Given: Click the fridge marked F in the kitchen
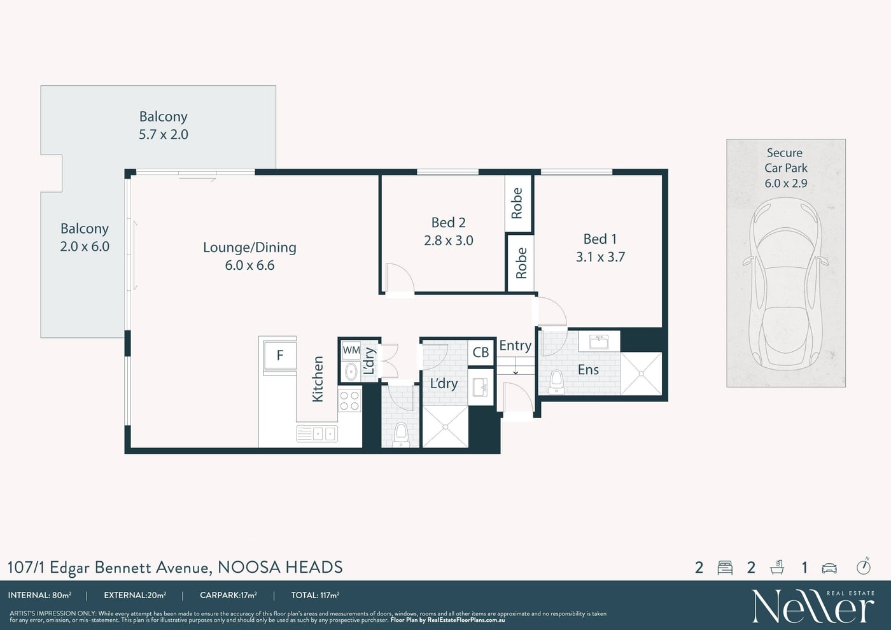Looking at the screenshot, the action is click(279, 355).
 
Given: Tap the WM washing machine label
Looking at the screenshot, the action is click(351, 351).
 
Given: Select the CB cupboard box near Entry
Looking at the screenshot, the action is click(481, 352).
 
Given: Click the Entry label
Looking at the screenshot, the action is click(515, 346).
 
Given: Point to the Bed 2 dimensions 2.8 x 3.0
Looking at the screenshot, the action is click(448, 241).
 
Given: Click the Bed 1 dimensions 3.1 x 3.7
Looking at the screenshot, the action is click(600, 257).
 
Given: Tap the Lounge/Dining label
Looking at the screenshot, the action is click(249, 248).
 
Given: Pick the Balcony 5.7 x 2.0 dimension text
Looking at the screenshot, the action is click(163, 134).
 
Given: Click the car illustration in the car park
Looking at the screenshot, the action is click(785, 284).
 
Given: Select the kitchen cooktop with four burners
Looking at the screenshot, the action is click(349, 401).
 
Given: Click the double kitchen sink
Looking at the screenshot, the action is click(317, 433).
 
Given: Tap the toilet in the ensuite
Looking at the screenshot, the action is click(556, 382).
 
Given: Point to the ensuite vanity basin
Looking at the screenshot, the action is click(599, 342).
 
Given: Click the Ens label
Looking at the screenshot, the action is click(588, 370).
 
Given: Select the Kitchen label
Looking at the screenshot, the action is click(318, 379).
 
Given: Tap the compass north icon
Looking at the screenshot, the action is click(863, 567).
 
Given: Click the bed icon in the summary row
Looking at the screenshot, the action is click(725, 568).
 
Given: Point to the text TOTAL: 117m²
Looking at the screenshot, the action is click(315, 595).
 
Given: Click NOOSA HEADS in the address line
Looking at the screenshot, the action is click(280, 567).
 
